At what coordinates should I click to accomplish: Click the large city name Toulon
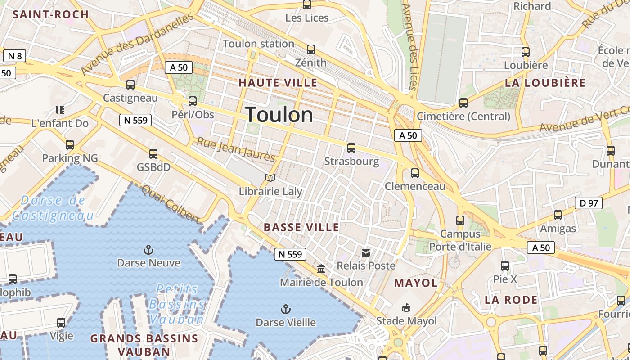tap(279, 115)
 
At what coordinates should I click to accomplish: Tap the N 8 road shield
tap(15, 56)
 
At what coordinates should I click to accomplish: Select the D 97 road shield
tap(589, 203)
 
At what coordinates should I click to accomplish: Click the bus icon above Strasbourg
tap(351, 148)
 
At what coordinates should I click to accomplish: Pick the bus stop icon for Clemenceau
tap(415, 173)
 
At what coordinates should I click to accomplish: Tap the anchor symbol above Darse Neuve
tap(148, 249)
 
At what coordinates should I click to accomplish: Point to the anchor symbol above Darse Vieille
tap(285, 309)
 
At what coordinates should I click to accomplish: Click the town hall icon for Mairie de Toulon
tap(321, 269)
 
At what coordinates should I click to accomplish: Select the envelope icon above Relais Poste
tap(366, 252)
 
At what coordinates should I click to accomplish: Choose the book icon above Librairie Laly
tap(270, 178)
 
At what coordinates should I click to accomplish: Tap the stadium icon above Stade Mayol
tap(406, 308)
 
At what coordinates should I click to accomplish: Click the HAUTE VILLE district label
tap(278, 83)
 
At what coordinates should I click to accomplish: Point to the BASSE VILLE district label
tap(301, 227)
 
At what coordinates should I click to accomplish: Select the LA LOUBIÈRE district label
tap(545, 83)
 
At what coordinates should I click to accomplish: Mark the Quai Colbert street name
tap(170, 204)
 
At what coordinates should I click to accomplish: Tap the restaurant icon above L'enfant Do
tap(59, 110)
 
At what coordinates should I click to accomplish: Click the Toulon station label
tap(258, 44)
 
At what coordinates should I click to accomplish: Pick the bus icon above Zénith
tap(310, 49)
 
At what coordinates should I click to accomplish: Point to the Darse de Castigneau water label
tap(53, 207)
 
